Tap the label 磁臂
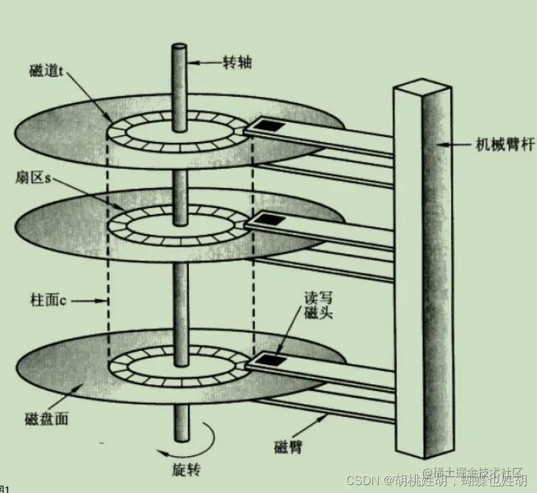coord(288,446)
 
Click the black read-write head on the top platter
coord(270,124)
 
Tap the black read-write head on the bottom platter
coord(269,360)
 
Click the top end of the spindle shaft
coord(180,48)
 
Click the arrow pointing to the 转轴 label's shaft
coord(203,63)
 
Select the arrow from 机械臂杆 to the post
coord(457,144)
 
